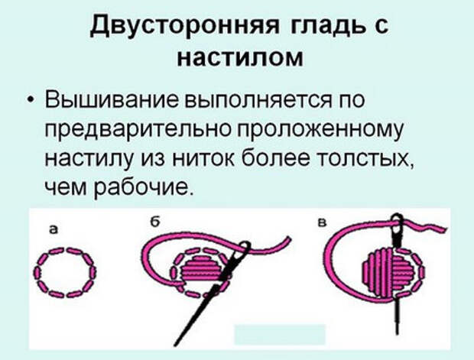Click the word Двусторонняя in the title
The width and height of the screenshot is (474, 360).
185,25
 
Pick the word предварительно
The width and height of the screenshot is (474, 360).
139,129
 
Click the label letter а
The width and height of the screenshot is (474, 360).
54,230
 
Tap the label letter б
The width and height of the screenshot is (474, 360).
154,222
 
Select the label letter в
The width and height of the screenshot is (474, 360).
323,224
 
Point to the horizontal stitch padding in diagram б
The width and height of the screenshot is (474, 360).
201,268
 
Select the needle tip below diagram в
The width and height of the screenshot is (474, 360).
397,332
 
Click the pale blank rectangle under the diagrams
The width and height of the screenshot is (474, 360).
280,335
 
